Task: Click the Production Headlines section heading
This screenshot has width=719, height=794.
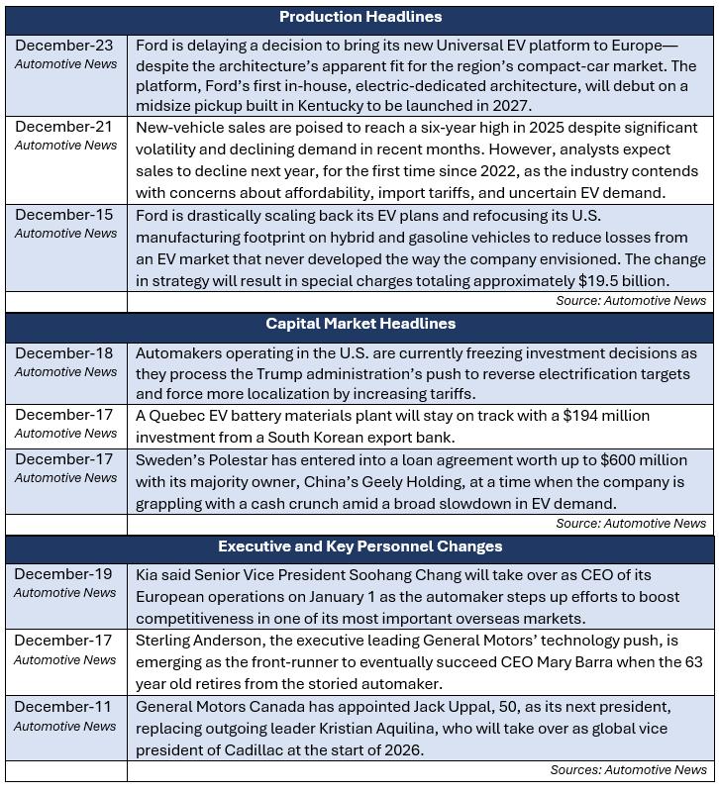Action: pos(359,17)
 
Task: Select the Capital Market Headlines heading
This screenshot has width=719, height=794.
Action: pos(359,324)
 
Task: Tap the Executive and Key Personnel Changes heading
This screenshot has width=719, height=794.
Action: pos(359,546)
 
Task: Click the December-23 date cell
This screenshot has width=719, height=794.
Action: pos(63,46)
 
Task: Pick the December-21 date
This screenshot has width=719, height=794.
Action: pos(63,127)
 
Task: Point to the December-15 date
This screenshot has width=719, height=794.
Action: pos(63,215)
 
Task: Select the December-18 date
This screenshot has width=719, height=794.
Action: pos(63,353)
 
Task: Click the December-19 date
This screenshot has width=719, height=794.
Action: pos(63,574)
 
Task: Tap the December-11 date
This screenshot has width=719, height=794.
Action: pos(63,708)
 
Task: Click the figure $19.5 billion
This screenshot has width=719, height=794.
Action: pos(634,281)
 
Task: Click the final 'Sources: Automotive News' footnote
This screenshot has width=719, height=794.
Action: pos(629,769)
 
